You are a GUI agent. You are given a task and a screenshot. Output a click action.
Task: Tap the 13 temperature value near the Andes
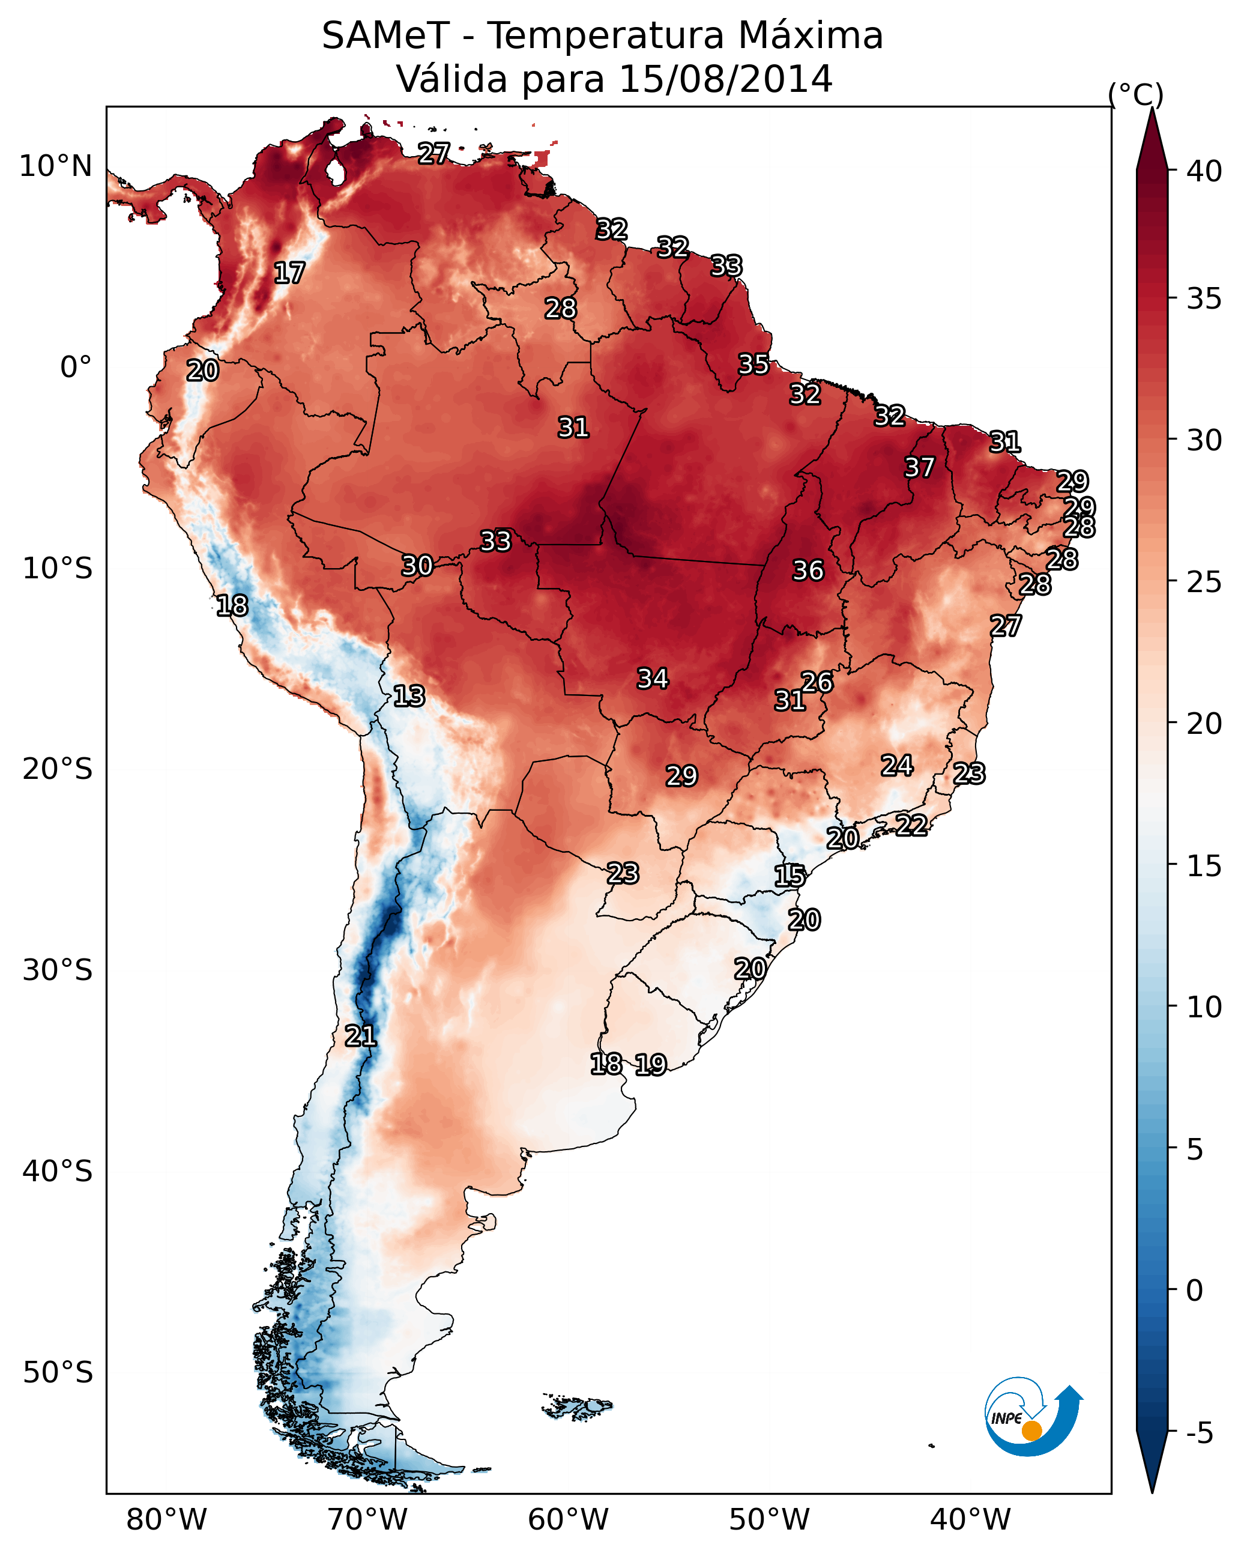pyautogui.click(x=409, y=697)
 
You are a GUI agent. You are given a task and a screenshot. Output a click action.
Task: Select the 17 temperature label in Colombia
pyautogui.click(x=289, y=274)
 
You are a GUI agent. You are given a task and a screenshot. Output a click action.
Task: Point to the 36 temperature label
pyautogui.click(x=808, y=571)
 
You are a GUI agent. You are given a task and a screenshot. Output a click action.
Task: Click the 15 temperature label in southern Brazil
pyautogui.click(x=790, y=877)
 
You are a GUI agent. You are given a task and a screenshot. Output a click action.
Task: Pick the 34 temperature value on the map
pyautogui.click(x=653, y=679)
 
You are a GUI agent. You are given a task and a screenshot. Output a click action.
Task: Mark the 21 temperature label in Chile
pyautogui.click(x=360, y=1037)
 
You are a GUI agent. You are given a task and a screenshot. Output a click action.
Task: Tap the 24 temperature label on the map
pyautogui.click(x=897, y=766)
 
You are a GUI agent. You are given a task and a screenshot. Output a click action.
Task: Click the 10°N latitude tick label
pyautogui.click(x=55, y=166)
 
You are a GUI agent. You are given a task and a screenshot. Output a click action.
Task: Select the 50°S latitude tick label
pyautogui.click(x=58, y=1373)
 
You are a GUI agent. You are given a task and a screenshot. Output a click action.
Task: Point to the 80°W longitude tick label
pyautogui.click(x=166, y=1520)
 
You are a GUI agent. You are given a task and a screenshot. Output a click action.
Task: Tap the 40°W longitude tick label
pyautogui.click(x=970, y=1520)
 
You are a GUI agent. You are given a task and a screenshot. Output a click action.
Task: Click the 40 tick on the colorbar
pyautogui.click(x=1204, y=171)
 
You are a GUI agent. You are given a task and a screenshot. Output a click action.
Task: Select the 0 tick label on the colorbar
pyautogui.click(x=1194, y=1291)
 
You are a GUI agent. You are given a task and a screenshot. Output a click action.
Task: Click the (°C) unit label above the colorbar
pyautogui.click(x=1135, y=94)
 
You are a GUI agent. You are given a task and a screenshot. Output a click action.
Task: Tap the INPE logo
pyautogui.click(x=1031, y=1417)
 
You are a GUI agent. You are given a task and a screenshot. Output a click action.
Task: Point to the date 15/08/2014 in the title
pyautogui.click(x=725, y=79)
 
